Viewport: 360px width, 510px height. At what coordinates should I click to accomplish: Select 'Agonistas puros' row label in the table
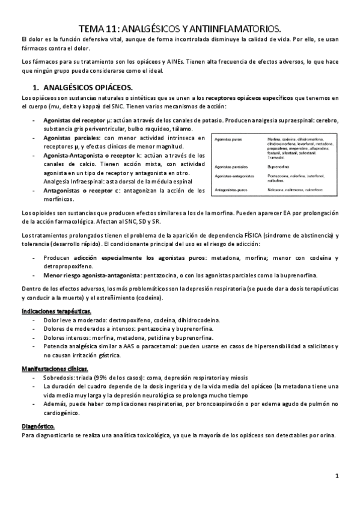[230, 140]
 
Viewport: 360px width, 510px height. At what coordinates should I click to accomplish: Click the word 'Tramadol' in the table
[276, 157]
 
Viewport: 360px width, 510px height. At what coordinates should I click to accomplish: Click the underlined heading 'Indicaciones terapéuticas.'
[56, 312]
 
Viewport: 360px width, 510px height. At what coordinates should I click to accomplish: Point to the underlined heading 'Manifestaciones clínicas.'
[55, 367]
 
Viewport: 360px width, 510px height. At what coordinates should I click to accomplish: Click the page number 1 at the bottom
[337, 477]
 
